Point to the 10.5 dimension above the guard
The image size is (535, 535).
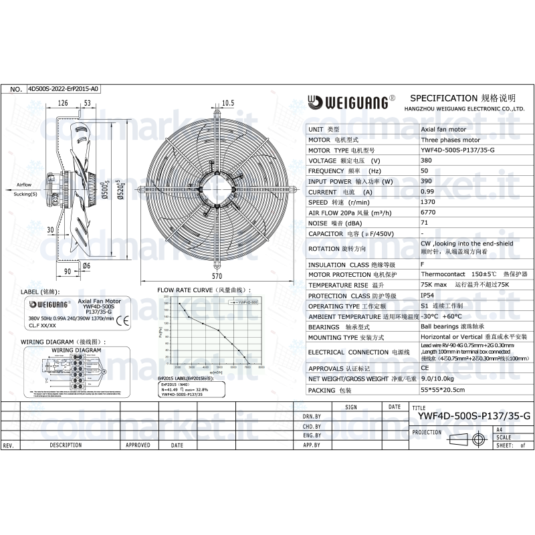pos(227,102)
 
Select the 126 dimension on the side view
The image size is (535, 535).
pos(63,102)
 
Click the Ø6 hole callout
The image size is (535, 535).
pos(86,265)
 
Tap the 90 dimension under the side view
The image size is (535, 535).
pos(67,272)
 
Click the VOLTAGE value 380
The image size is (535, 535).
pos(426,161)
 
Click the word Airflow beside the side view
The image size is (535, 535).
pos(23,184)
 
